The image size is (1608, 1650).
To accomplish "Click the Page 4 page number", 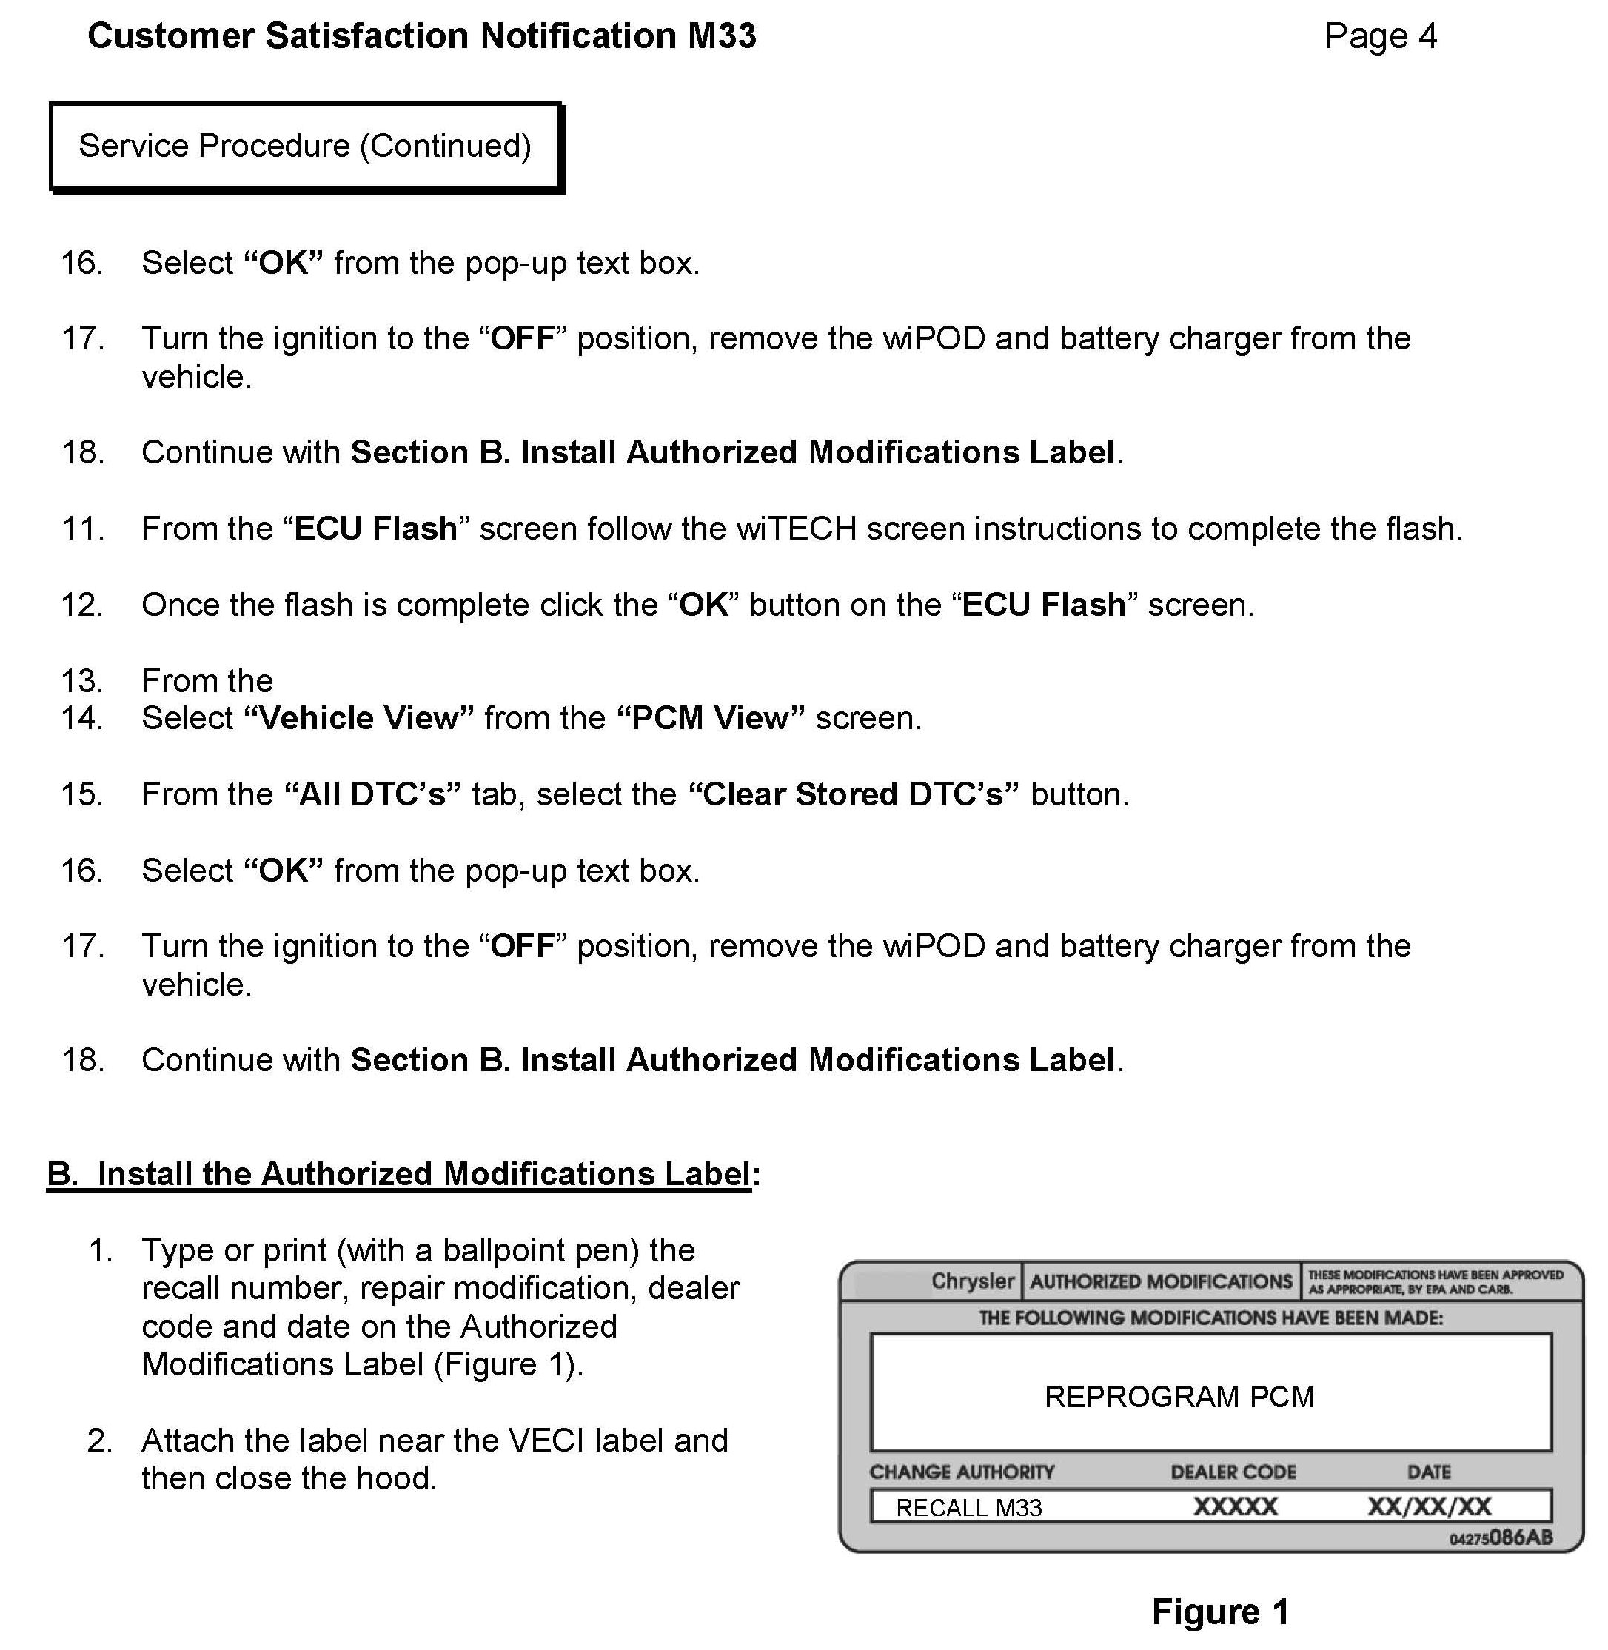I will coord(1380,36).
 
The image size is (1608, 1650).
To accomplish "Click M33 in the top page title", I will coord(721,36).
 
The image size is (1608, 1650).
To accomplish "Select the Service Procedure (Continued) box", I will coord(305,147).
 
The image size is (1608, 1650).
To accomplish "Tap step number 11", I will coord(82,529).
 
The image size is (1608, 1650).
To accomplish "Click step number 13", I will coord(82,680).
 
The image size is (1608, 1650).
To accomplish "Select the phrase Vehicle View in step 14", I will coord(359,719).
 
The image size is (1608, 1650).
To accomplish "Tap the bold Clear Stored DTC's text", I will coord(854,794).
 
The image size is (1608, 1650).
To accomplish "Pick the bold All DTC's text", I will coord(372,794).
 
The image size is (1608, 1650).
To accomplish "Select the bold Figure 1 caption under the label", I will coord(1220,1612).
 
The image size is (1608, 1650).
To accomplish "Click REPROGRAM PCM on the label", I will coord(1179,1397).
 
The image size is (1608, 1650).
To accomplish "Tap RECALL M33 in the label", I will coord(968,1507).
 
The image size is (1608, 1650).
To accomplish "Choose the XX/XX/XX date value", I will coord(1429,1506).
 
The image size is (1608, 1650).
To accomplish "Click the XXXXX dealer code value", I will coord(1235,1506).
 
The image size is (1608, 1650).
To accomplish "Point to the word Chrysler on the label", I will coord(972,1281).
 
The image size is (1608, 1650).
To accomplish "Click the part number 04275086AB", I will coord(1501,1537).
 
